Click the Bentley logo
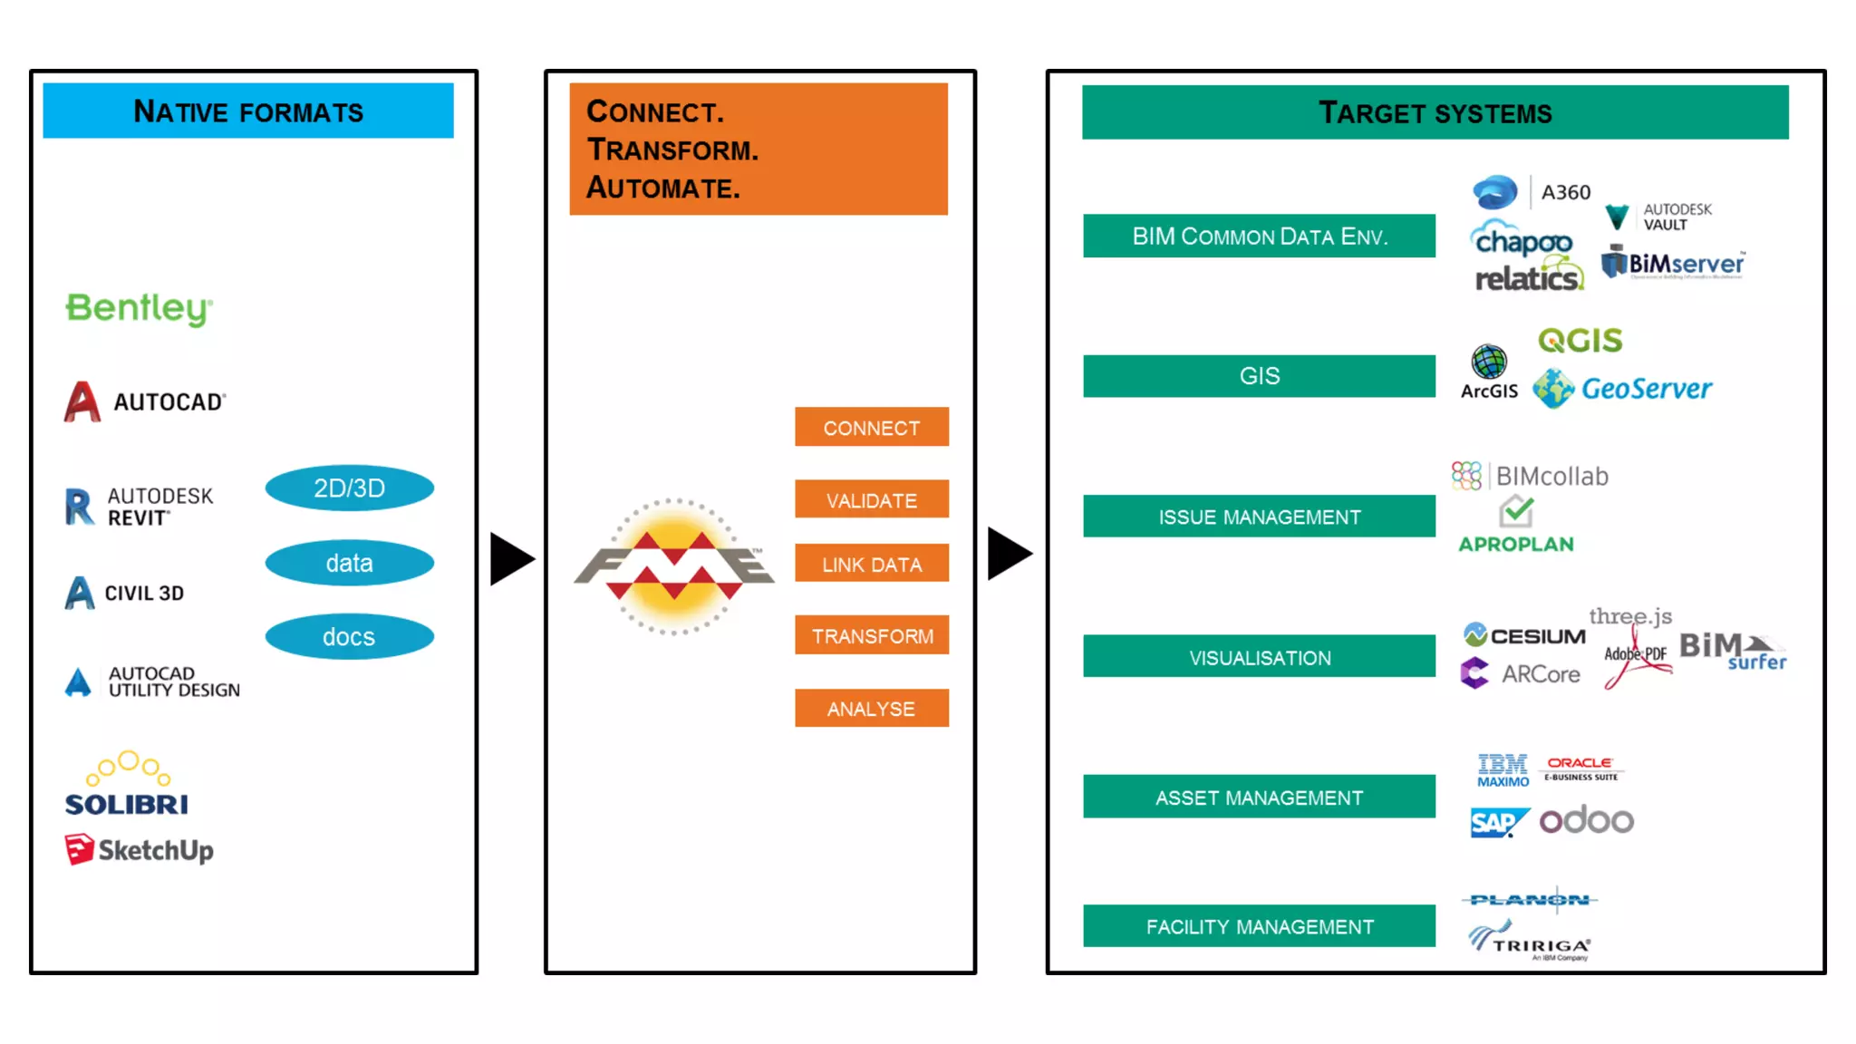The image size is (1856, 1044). pyautogui.click(x=139, y=308)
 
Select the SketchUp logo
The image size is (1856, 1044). pyautogui.click(x=140, y=850)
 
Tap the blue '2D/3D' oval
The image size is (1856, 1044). pyautogui.click(x=349, y=488)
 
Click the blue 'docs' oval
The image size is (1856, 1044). pyautogui.click(x=349, y=637)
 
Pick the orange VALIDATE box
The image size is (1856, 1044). pyautogui.click(x=871, y=499)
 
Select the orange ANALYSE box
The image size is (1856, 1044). pyautogui.click(x=871, y=709)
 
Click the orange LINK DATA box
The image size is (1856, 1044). pyautogui.click(x=871, y=564)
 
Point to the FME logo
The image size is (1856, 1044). pyautogui.click(x=674, y=566)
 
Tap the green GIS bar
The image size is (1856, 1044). pyautogui.click(x=1259, y=376)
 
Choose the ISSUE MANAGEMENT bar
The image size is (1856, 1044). pyautogui.click(x=1259, y=517)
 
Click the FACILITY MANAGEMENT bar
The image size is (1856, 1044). pyautogui.click(x=1259, y=926)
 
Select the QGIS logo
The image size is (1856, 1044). pyautogui.click(x=1580, y=341)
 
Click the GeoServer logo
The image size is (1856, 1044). pyautogui.click(x=1622, y=389)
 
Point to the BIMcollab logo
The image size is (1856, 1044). pyautogui.click(x=1530, y=476)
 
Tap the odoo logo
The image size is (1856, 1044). pyautogui.click(x=1586, y=820)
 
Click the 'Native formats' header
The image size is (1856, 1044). pyautogui.click(x=248, y=111)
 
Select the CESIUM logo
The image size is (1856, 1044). pyautogui.click(x=1524, y=635)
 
